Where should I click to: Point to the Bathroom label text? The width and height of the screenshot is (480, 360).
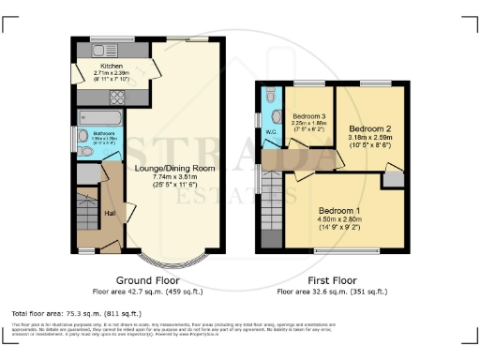pyautogui.click(x=103, y=134)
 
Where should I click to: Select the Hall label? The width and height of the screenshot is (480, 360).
pyautogui.click(x=110, y=214)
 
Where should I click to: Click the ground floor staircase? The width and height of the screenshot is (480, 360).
pyautogui.click(x=87, y=211)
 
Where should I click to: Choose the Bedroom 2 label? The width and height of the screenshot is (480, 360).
pyautogui.click(x=356, y=127)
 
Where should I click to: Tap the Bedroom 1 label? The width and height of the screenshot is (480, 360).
pyautogui.click(x=335, y=209)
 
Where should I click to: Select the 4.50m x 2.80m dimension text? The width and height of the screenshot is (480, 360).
pyautogui.click(x=335, y=218)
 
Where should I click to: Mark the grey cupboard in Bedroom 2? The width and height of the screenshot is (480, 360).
pyautogui.click(x=392, y=177)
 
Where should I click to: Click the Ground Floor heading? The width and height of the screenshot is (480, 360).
pyautogui.click(x=148, y=280)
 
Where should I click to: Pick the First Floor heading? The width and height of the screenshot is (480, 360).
pyautogui.click(x=333, y=280)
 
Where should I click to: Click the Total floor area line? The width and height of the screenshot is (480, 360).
pyautogui.click(x=76, y=311)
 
